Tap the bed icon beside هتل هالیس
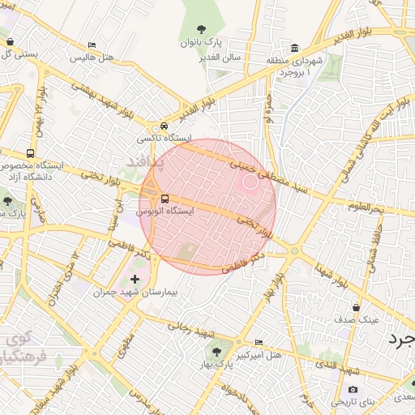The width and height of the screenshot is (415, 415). click(92, 45)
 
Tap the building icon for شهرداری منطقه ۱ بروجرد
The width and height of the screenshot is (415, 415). click(293, 47)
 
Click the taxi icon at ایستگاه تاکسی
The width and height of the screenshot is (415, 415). click(165, 126)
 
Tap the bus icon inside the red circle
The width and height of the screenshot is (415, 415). click(165, 199)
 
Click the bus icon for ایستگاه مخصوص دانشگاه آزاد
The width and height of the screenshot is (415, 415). click(31, 153)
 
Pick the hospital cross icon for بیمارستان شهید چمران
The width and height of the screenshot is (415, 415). click(135, 280)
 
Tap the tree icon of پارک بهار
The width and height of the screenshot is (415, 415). click(216, 350)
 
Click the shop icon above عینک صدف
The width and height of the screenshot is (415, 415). click(357, 307)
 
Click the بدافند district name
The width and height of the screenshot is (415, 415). click(146, 163)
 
